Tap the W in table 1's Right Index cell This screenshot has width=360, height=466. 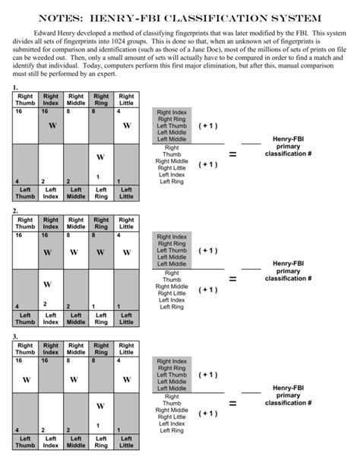tap(51, 125)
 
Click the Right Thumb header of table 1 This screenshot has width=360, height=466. tap(25, 100)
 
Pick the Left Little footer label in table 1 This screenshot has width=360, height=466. tap(126, 193)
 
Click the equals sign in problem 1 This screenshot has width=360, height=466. tap(232, 154)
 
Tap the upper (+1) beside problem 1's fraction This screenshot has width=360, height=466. tap(207, 125)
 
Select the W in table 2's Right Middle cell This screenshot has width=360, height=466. tap(76, 252)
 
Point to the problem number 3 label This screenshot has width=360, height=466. tap(16, 336)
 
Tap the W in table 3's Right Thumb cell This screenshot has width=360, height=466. tap(26, 379)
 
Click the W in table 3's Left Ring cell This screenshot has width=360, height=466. tap(100, 407)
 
